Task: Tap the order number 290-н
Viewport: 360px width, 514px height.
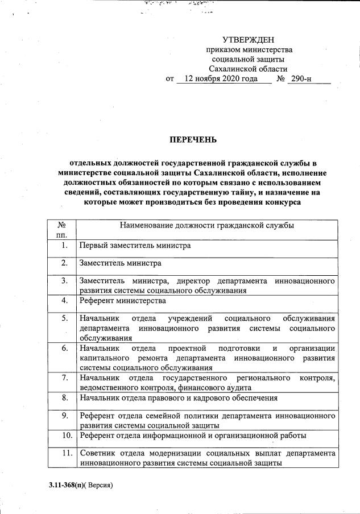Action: click(x=301, y=79)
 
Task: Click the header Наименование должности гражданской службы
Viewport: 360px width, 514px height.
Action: click(x=207, y=226)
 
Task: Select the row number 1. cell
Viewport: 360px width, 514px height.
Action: click(x=65, y=246)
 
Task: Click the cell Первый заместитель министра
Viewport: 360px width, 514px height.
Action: click(x=135, y=246)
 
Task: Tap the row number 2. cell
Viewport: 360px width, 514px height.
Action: click(x=65, y=263)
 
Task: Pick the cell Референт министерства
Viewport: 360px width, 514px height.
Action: click(x=123, y=300)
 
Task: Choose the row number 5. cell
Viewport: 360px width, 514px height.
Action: click(x=65, y=318)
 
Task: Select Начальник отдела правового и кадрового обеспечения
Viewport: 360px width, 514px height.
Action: click(x=179, y=398)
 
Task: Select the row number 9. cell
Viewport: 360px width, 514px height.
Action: click(x=65, y=416)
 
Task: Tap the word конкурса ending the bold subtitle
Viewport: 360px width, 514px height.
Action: click(x=278, y=201)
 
